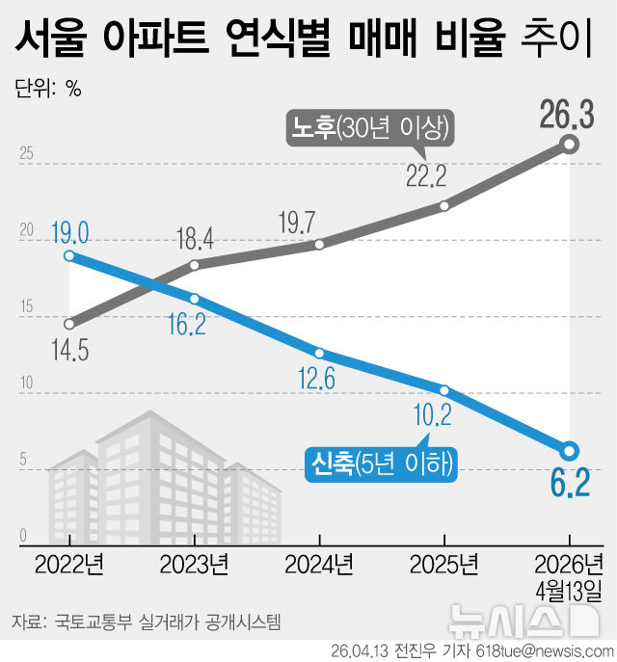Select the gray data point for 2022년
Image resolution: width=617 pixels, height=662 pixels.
click(x=69, y=324)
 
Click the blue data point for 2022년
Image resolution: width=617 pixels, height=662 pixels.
click(x=69, y=255)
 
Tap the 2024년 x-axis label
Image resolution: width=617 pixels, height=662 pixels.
click(x=318, y=563)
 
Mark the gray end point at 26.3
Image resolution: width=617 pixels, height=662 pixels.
click(x=569, y=145)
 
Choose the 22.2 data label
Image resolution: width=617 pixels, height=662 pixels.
click(x=426, y=175)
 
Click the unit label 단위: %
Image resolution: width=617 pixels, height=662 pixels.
click(x=48, y=90)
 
